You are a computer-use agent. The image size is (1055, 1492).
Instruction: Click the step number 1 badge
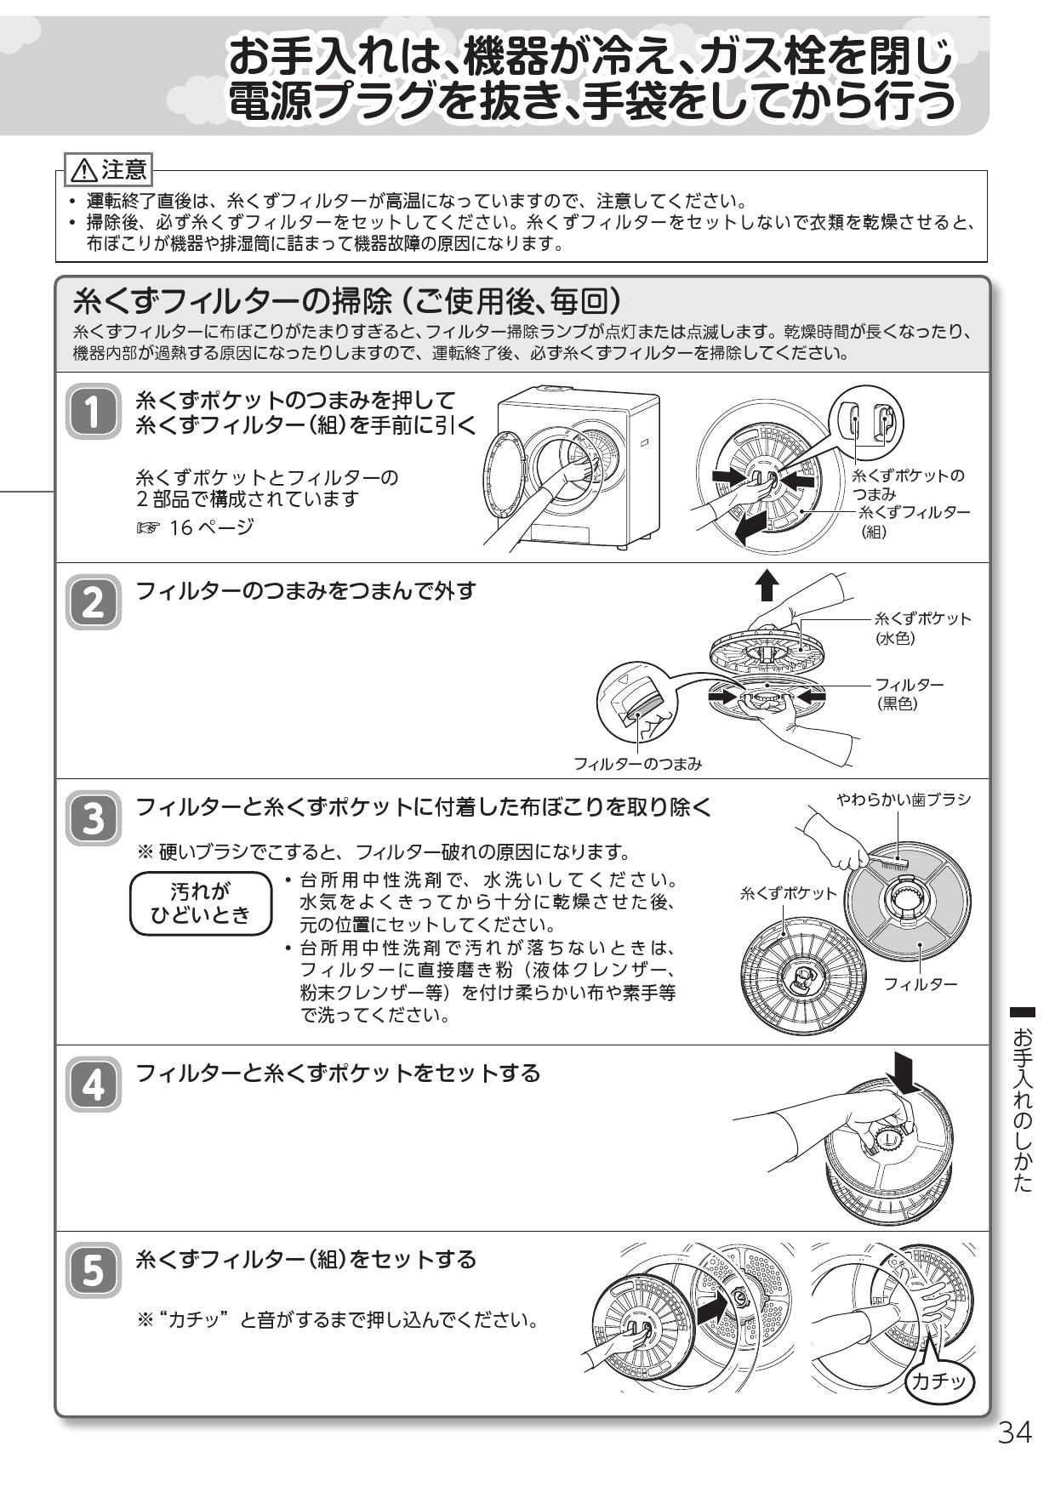(93, 412)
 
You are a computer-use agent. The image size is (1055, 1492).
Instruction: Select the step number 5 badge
(93, 1271)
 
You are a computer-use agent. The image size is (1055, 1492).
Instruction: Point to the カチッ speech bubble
(939, 1381)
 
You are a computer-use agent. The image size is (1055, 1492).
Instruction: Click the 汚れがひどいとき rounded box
(201, 903)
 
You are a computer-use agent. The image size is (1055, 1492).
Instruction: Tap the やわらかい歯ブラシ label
(903, 800)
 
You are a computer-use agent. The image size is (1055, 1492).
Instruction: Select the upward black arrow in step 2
(767, 586)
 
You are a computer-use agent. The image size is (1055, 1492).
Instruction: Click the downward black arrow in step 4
(904, 1073)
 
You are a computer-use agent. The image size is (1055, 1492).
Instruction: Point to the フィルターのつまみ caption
(637, 764)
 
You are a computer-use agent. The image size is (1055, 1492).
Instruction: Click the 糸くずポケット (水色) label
(922, 628)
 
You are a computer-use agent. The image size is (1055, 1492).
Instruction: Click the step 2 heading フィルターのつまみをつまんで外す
(305, 590)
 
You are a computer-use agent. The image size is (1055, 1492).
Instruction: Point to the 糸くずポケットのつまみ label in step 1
(908, 484)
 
